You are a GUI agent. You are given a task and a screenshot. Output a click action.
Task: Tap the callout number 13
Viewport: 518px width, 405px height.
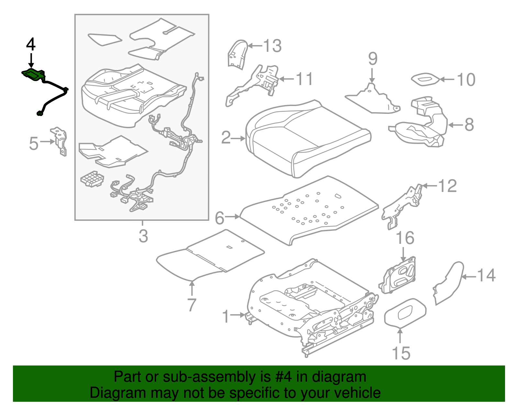272,46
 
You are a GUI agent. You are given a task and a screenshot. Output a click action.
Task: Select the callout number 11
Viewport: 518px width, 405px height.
305,79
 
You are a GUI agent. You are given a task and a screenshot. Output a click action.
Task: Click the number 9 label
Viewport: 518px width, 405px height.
373,59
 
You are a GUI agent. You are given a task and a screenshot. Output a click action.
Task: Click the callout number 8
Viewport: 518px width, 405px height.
469,125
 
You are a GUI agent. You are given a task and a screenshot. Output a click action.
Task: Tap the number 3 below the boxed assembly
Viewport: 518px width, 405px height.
143,236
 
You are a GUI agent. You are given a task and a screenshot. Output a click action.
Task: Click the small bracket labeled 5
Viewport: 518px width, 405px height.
60,141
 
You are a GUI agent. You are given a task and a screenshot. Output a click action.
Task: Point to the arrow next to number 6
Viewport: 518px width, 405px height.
232,217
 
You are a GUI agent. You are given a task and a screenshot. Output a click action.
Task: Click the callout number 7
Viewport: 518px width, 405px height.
192,305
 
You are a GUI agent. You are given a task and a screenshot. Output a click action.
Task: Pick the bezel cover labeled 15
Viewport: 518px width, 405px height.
405,313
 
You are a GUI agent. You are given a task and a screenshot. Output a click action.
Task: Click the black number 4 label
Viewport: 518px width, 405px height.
31,44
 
